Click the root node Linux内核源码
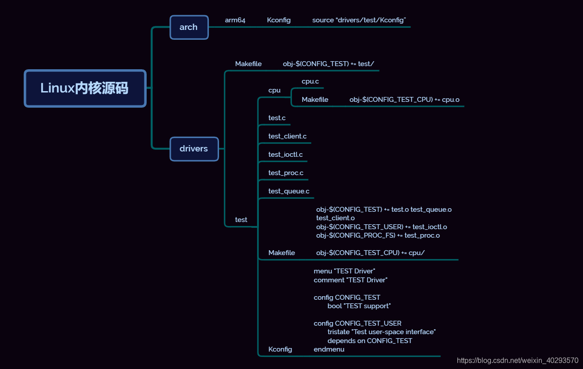point(85,88)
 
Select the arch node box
point(189,27)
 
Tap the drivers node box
point(194,149)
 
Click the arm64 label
point(235,20)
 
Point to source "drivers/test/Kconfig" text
point(359,20)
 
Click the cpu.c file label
point(310,81)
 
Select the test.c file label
point(277,118)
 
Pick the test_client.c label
point(287,136)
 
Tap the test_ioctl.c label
point(285,155)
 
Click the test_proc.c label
point(286,173)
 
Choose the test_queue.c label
point(289,191)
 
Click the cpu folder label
point(275,90)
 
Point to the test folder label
point(241,220)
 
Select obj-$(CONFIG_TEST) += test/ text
point(329,64)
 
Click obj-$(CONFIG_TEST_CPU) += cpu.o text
point(405,100)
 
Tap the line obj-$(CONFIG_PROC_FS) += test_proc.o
point(378,235)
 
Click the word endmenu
point(329,349)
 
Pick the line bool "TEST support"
point(359,306)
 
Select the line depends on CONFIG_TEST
point(370,341)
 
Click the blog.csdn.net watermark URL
point(517,361)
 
